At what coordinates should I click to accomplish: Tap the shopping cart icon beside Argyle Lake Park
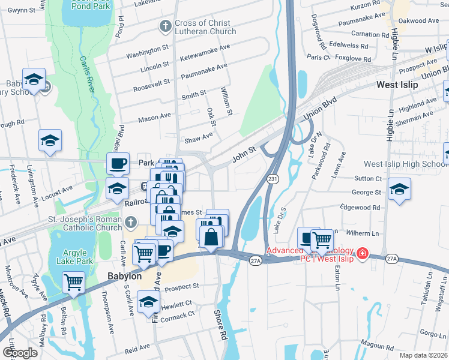(74, 281)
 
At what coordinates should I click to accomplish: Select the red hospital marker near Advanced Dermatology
(362, 254)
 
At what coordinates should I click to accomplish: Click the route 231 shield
(273, 179)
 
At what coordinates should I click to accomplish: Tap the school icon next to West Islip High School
(399, 189)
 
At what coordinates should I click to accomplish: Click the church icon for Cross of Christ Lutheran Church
(165, 26)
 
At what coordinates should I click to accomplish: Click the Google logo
(20, 353)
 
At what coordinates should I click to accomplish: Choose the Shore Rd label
(221, 324)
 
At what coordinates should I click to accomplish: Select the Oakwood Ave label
(419, 20)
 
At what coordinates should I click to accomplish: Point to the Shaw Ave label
(199, 136)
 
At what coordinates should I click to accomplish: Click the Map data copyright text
(424, 355)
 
